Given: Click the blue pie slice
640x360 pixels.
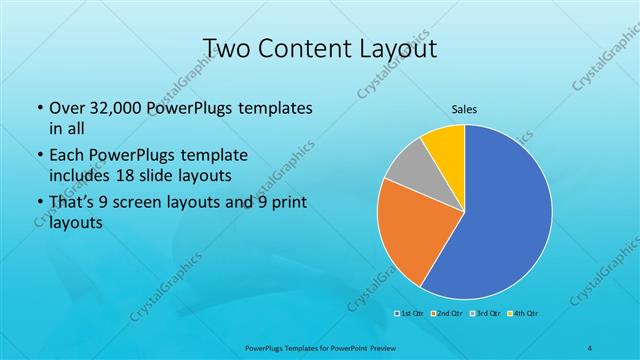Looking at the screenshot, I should pyautogui.click(x=505, y=215).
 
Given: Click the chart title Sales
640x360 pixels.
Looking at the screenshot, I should pyautogui.click(x=464, y=107).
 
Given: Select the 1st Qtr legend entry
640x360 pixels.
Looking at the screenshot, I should pyautogui.click(x=410, y=314).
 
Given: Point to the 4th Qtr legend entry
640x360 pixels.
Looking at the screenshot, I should pyautogui.click(x=525, y=314).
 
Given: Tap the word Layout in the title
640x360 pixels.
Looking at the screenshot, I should pyautogui.click(x=401, y=47).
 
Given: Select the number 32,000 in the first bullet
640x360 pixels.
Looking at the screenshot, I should pyautogui.click(x=113, y=108).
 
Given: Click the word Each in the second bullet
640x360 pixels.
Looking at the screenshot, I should pyautogui.click(x=67, y=156).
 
